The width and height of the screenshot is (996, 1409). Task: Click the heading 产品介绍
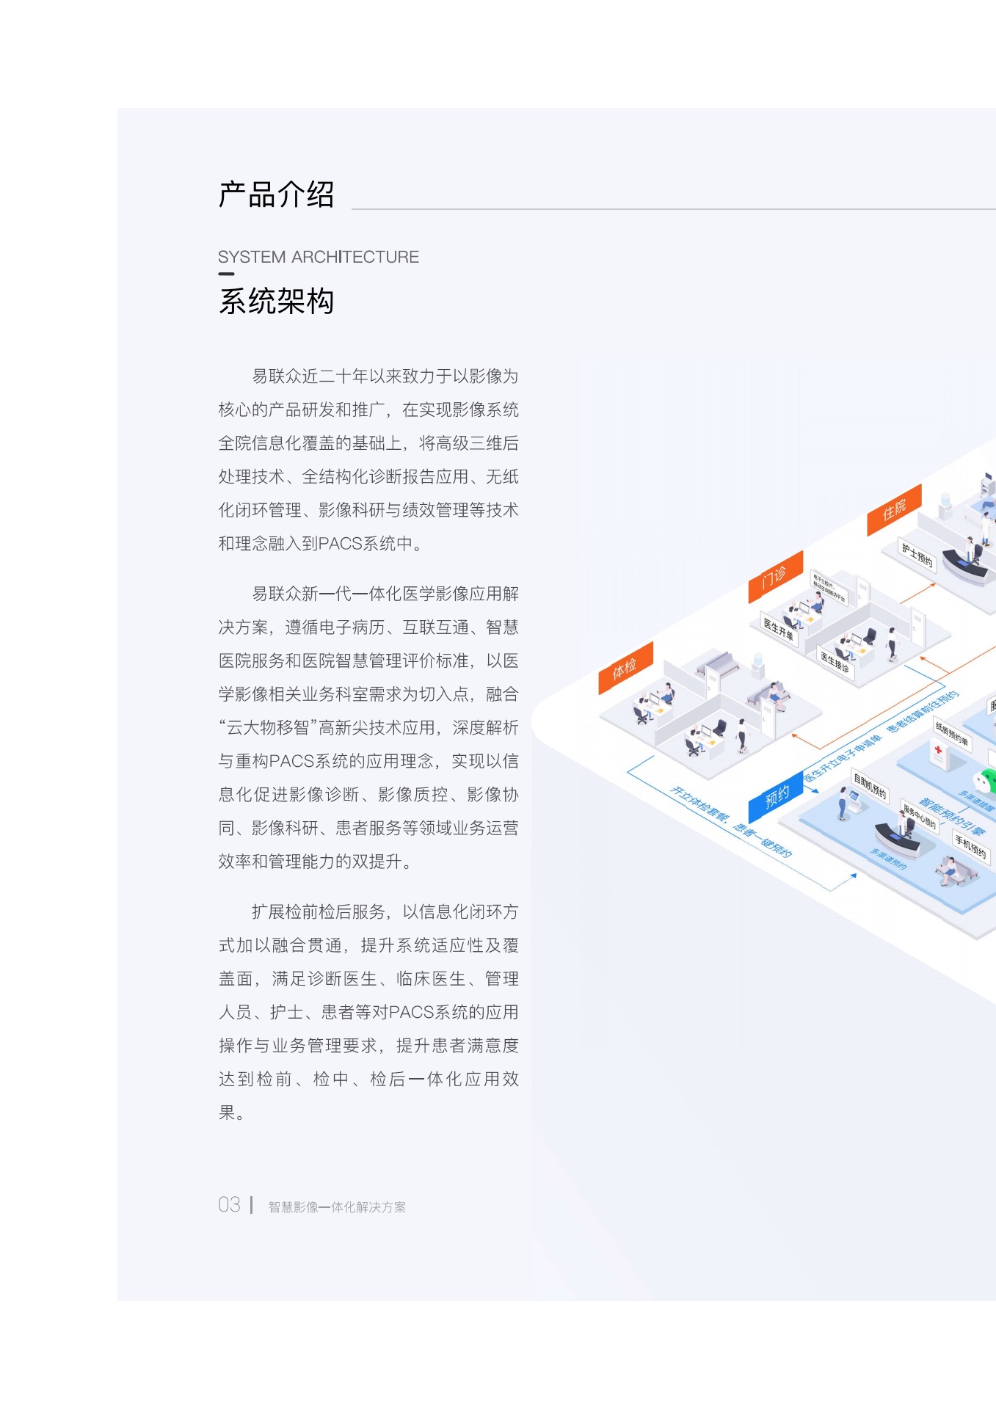pyautogui.click(x=276, y=195)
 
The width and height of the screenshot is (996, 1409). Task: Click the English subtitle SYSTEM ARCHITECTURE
pyautogui.click(x=318, y=257)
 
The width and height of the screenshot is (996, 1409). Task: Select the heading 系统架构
pyautogui.click(x=276, y=302)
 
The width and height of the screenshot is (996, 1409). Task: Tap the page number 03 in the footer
pyautogui.click(x=229, y=1205)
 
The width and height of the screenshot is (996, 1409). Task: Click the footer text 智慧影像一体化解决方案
pyautogui.click(x=337, y=1207)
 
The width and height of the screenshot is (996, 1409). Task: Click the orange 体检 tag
pyautogui.click(x=625, y=668)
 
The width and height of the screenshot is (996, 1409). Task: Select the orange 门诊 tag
pyautogui.click(x=775, y=577)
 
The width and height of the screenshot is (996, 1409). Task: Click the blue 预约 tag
pyautogui.click(x=777, y=797)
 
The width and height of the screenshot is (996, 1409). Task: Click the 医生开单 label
pyautogui.click(x=779, y=630)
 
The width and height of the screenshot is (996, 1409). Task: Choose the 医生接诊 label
pyautogui.click(x=835, y=662)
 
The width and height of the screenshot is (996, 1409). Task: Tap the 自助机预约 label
pyautogui.click(x=870, y=786)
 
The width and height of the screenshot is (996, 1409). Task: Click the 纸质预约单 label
pyautogui.click(x=952, y=733)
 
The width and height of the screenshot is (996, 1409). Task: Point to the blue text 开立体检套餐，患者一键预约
pyautogui.click(x=731, y=822)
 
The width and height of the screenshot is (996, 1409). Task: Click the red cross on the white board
pyautogui.click(x=938, y=750)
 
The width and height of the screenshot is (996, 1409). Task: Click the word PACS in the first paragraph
pyautogui.click(x=340, y=544)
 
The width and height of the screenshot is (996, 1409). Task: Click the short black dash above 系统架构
pyautogui.click(x=226, y=274)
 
